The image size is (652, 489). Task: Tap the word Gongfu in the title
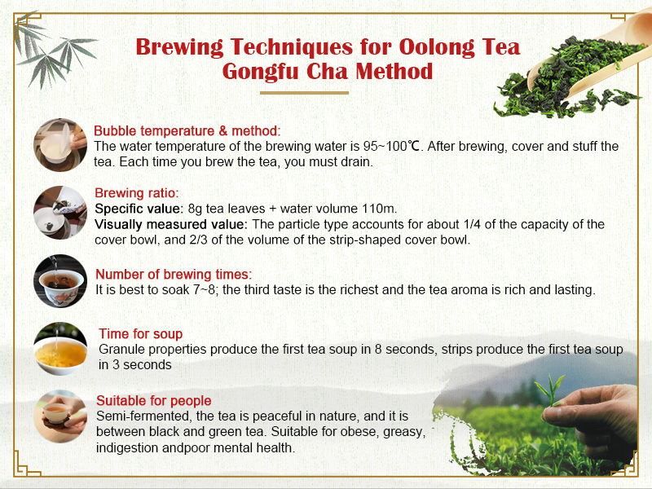[x=263, y=71]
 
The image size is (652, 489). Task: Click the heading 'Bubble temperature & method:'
[x=187, y=130]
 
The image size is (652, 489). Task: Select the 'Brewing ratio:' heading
[x=137, y=193]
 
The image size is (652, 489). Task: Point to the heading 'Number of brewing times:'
[x=174, y=274]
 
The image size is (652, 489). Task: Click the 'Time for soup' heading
[x=140, y=333]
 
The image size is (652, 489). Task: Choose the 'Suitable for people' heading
[x=154, y=400]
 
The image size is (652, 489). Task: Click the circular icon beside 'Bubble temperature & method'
[x=60, y=145]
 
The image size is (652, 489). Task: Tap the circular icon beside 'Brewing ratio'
[x=60, y=213]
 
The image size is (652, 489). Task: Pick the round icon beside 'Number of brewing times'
[x=60, y=281]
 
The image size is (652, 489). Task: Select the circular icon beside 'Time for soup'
[x=60, y=349]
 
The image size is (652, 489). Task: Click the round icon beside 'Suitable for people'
[x=60, y=416]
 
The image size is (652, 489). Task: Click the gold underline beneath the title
[x=326, y=93]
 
